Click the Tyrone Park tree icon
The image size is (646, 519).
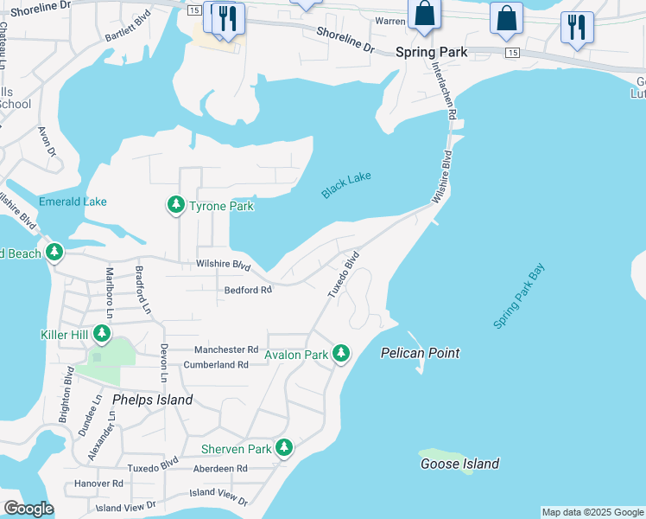click(x=176, y=205)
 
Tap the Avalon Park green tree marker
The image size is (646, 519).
click(x=342, y=353)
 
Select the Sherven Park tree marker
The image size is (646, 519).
click(x=284, y=448)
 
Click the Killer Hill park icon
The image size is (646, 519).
click(x=102, y=333)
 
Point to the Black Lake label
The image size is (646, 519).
click(x=346, y=185)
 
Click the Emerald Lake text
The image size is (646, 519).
click(x=73, y=202)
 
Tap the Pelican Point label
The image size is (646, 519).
click(x=421, y=353)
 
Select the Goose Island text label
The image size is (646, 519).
click(x=459, y=464)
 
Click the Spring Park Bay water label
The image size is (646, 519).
click(x=520, y=297)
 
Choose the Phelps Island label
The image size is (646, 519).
click(x=153, y=400)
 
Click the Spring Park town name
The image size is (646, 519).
click(x=431, y=52)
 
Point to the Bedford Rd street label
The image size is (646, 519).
click(x=248, y=291)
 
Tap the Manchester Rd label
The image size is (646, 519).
click(x=226, y=349)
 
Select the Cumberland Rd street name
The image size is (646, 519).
click(x=216, y=365)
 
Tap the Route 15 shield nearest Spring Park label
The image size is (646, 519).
click(x=513, y=53)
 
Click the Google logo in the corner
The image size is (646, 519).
click(x=28, y=509)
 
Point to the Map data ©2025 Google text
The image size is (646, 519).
click(x=592, y=512)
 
